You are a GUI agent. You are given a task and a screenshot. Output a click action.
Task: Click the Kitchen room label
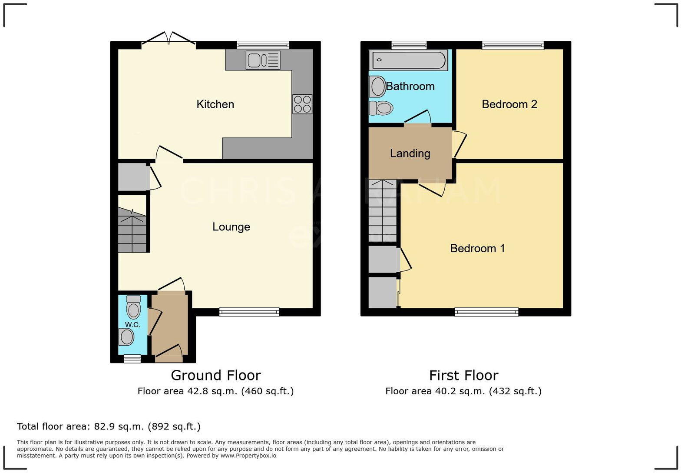pyautogui.click(x=215, y=104)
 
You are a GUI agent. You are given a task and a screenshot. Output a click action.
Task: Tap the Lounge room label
pyautogui.click(x=231, y=227)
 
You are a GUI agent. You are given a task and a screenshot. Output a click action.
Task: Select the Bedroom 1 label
pyautogui.click(x=477, y=248)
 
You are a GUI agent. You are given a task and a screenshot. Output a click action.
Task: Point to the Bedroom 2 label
pyautogui.click(x=509, y=104)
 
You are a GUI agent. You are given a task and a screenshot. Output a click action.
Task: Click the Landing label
pyautogui.click(x=410, y=153)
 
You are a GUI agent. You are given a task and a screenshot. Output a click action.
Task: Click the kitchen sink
pyautogui.click(x=263, y=60)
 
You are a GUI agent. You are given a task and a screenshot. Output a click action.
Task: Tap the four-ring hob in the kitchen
pyautogui.click(x=302, y=104)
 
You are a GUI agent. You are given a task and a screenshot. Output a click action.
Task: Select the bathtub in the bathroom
pyautogui.click(x=408, y=60)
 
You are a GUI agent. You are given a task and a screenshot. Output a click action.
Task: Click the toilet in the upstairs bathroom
pyautogui.click(x=381, y=107)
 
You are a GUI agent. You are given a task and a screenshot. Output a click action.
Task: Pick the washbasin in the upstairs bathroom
pyautogui.click(x=377, y=86)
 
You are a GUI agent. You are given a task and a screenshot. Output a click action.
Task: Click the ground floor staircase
pyautogui.click(x=132, y=230)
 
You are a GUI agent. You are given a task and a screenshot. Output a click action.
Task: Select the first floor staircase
pyautogui.click(x=382, y=211)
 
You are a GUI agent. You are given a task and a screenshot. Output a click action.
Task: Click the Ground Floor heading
pyautogui.click(x=215, y=375)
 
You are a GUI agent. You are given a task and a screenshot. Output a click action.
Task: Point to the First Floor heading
pyautogui.click(x=463, y=375)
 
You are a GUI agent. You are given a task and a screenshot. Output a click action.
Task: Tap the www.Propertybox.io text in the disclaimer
pyautogui.click(x=248, y=456)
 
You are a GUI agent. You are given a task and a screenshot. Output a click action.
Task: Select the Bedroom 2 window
pyautogui.click(x=512, y=45)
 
